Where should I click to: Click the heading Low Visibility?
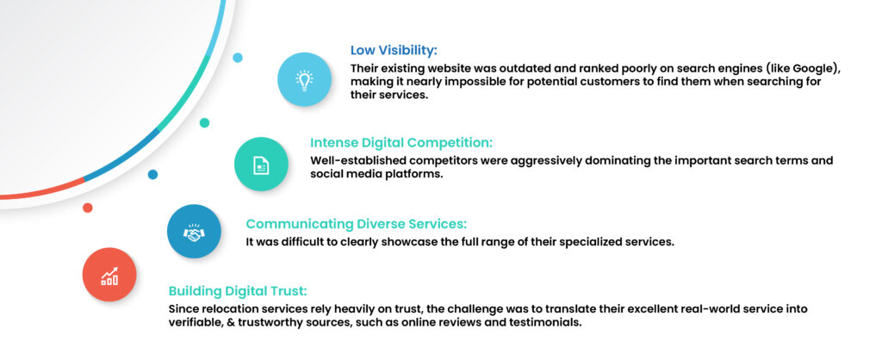click(394, 50)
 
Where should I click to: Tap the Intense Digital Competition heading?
click(401, 142)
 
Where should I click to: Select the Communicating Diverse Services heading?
click(357, 224)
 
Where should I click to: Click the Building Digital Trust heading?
click(238, 291)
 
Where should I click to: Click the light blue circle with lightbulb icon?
click(304, 79)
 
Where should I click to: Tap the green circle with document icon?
click(261, 164)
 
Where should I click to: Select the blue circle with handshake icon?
click(194, 231)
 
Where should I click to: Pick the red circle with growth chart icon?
click(109, 275)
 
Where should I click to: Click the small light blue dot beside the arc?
click(238, 58)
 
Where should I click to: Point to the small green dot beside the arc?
click(204, 122)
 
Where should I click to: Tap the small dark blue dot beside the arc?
click(152, 174)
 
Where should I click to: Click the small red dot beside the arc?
click(87, 208)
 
